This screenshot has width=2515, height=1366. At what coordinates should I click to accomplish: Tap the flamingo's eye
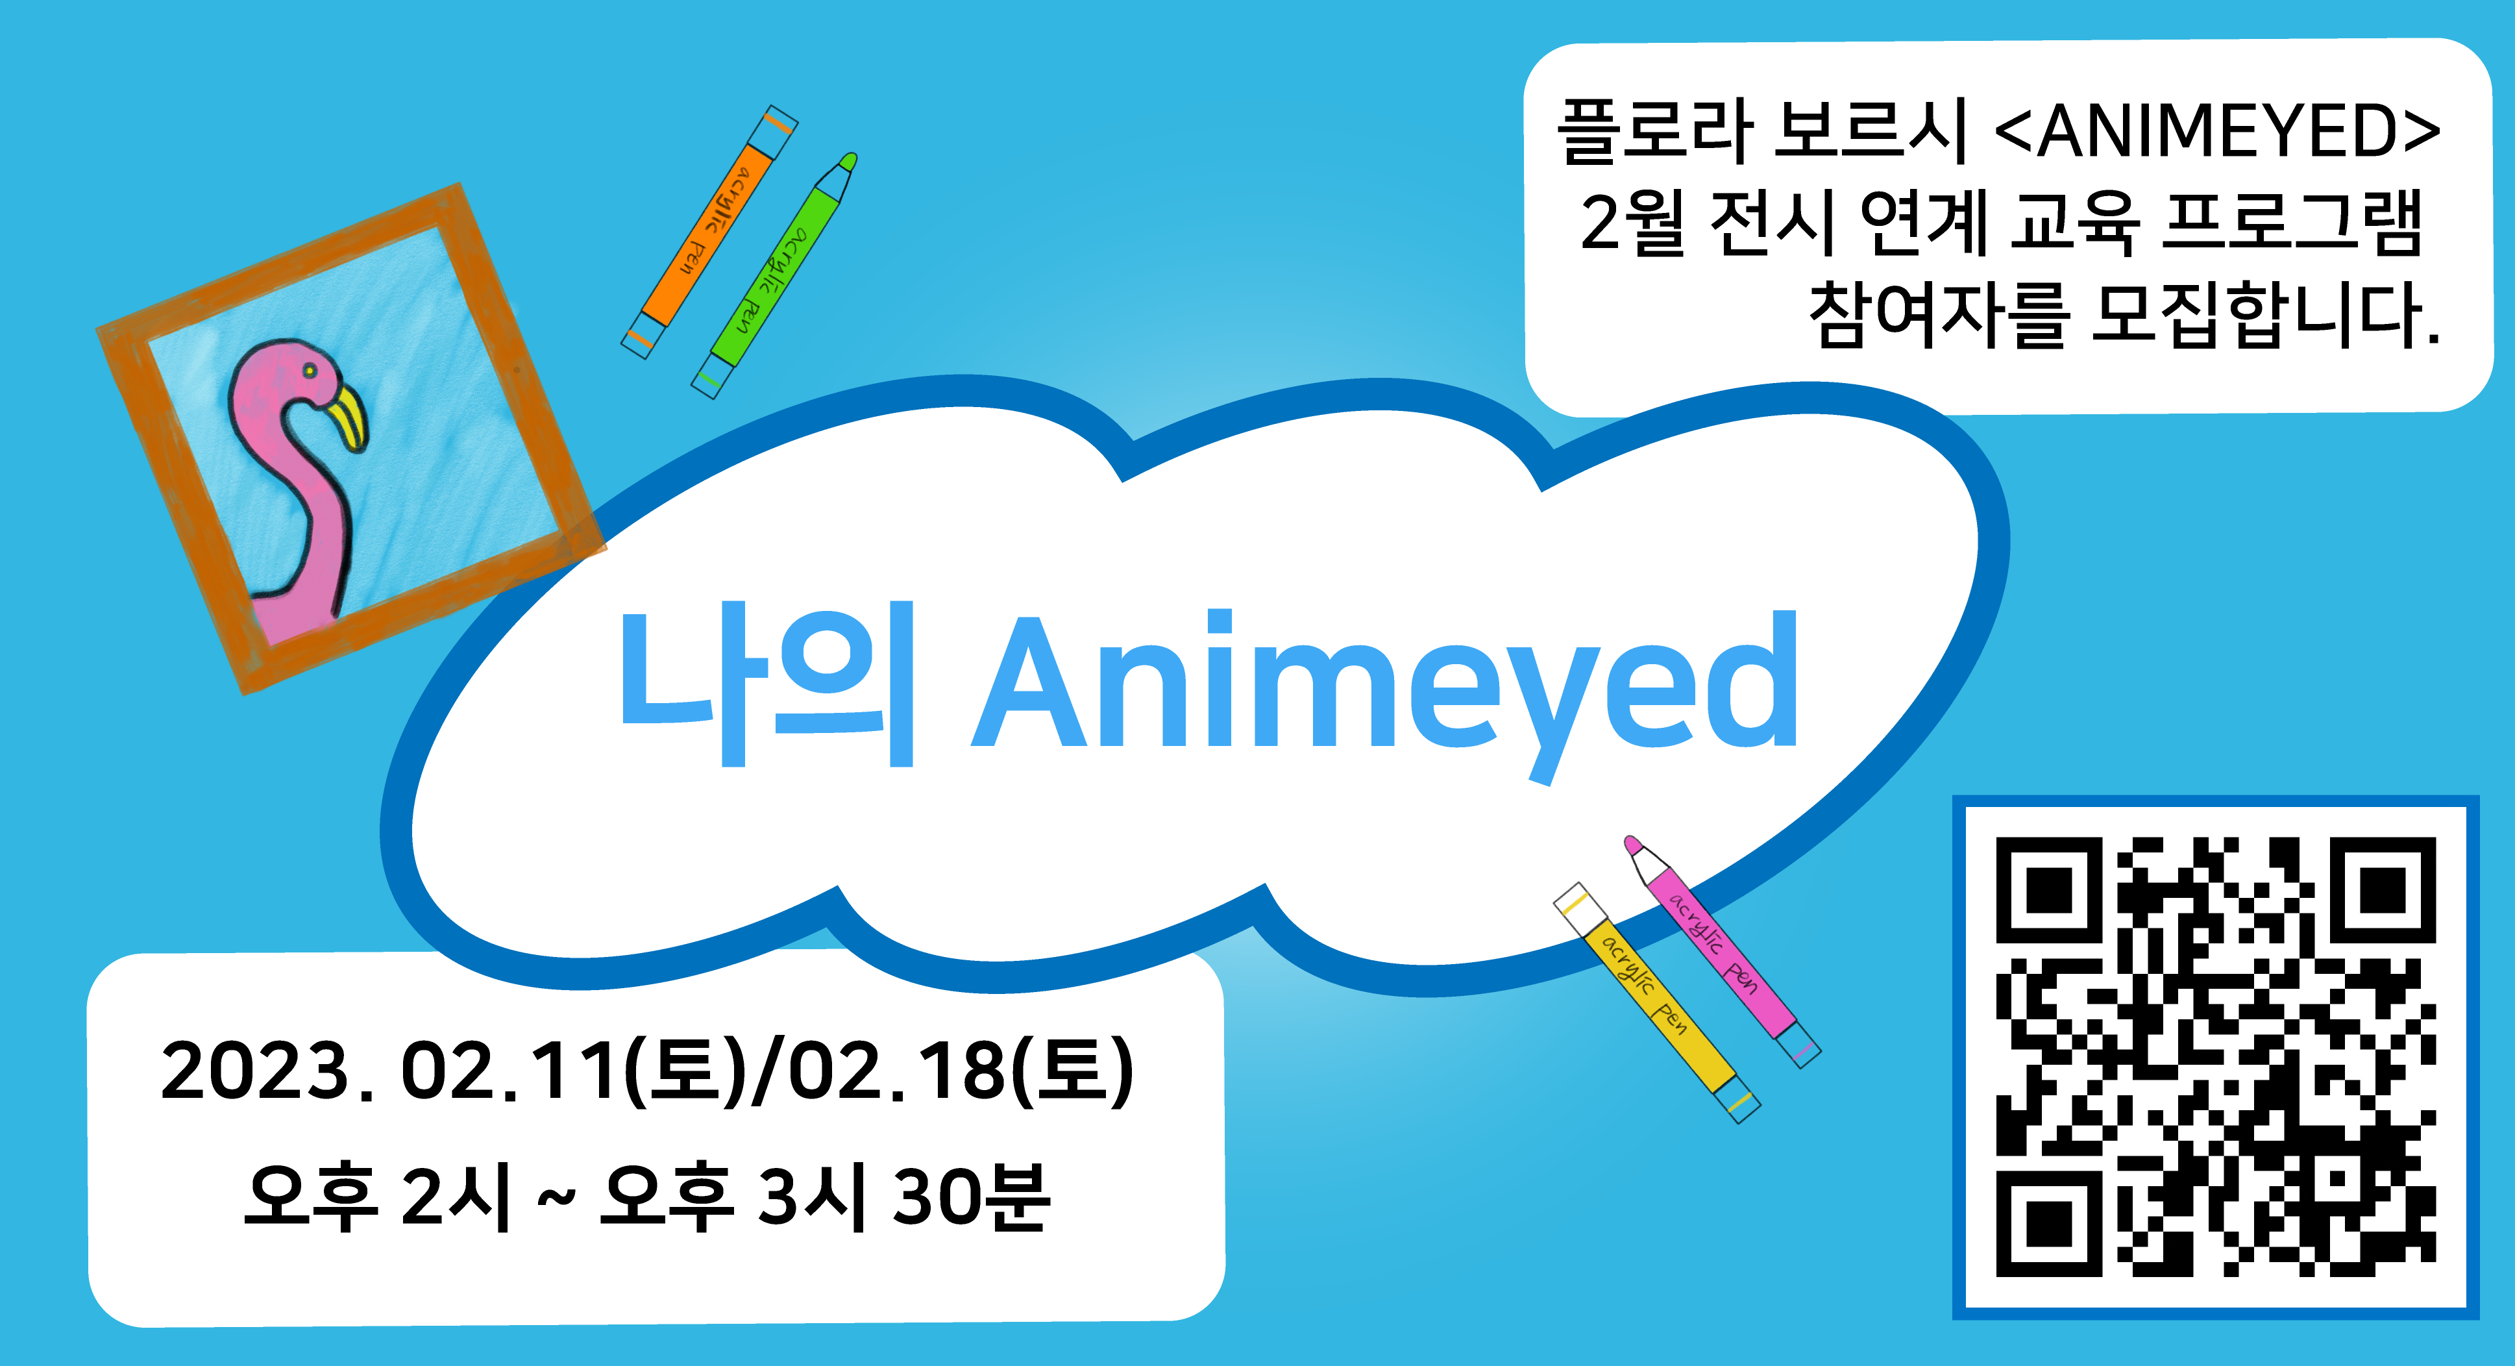point(308,371)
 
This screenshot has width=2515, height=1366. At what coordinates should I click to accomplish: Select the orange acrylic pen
point(710,231)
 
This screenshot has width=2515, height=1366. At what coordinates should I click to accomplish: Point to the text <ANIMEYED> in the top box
point(2216,132)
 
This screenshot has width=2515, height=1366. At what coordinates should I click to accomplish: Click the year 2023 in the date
point(255,1071)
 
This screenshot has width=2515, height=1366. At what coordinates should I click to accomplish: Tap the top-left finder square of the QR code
point(2049,889)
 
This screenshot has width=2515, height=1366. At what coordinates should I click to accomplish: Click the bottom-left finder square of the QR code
point(2049,1223)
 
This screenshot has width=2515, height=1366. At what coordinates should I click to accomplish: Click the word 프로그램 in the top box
point(2292,223)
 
